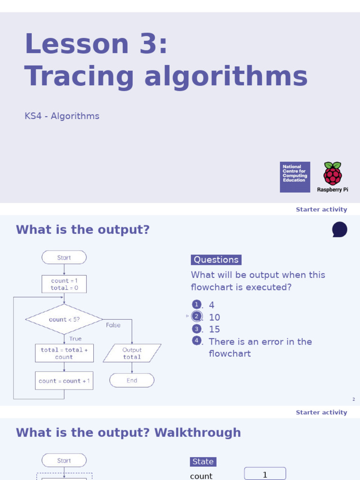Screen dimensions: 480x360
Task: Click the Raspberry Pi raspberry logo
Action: [x=332, y=173]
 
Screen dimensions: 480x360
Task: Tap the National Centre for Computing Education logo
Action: [x=295, y=177]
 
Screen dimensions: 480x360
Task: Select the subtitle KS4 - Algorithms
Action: [x=62, y=116]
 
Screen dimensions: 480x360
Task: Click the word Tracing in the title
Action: [x=79, y=76]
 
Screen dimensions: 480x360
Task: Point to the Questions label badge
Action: [x=216, y=260]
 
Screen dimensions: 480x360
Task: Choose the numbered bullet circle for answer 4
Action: [x=196, y=341]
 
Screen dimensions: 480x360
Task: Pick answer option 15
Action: [x=214, y=329]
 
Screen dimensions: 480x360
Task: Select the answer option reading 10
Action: [x=214, y=317]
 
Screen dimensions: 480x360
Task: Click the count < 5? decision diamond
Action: [x=64, y=320]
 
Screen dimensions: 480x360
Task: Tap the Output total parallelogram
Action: [x=132, y=353]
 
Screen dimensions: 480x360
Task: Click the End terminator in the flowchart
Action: [x=132, y=381]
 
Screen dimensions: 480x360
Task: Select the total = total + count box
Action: [x=64, y=353]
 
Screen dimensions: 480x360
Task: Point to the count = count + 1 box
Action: [x=64, y=381]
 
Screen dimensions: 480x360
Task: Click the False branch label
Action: [x=113, y=325]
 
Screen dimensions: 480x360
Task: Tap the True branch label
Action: [x=75, y=338]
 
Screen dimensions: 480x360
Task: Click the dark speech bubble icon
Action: [x=339, y=230]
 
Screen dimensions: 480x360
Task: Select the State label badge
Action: [x=203, y=462]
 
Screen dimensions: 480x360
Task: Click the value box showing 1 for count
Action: [x=265, y=474]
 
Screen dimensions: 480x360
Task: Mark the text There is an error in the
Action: [x=260, y=341]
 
